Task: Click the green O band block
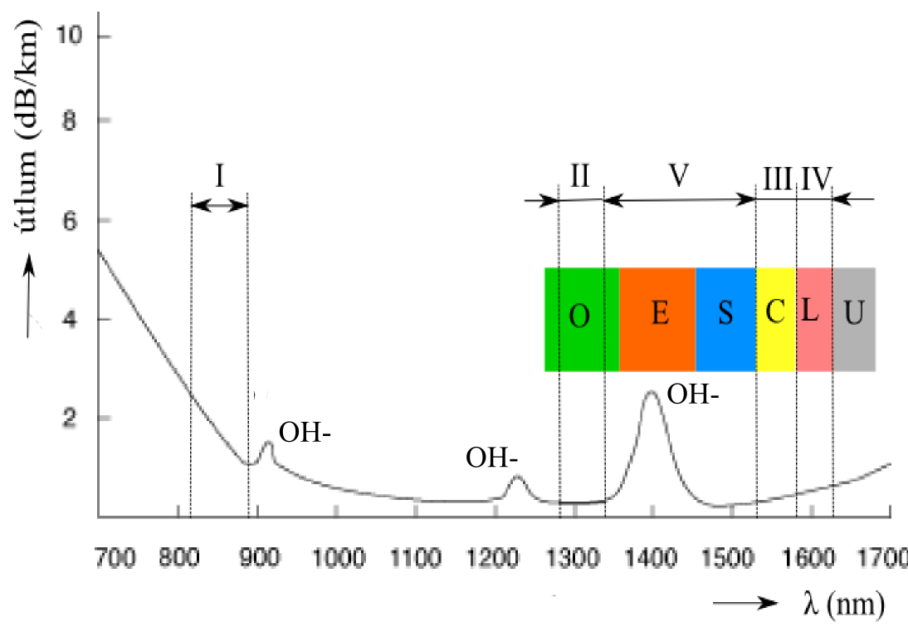pos(582,319)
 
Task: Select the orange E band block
pos(658,319)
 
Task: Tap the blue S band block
pos(726,319)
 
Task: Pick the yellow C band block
pos(777,319)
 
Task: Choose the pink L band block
pos(815,319)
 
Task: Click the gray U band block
pos(854,319)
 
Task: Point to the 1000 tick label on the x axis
pos(338,558)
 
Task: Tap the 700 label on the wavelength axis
pos(116,558)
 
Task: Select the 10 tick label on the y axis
pos(69,36)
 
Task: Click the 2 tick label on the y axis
pos(70,418)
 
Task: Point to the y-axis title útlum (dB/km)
pos(28,125)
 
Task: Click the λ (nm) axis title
pos(844,605)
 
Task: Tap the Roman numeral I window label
pos(219,175)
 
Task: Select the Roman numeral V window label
pos(678,175)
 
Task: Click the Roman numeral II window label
pos(579,175)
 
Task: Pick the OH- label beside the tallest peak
pos(693,395)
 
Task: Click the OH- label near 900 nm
pos(305,432)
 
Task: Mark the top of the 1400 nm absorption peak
pos(651,392)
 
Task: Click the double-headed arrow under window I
pos(219,205)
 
